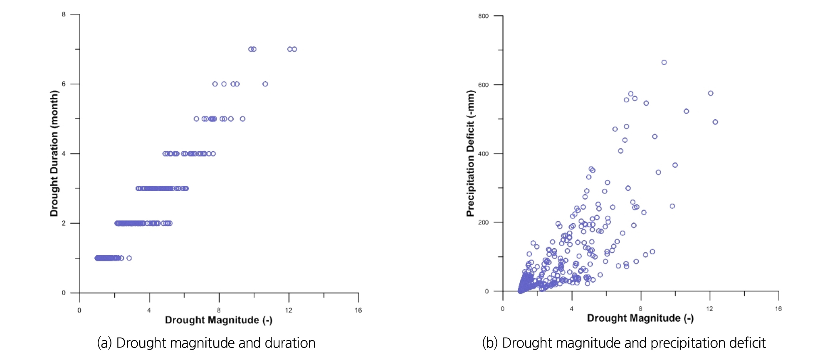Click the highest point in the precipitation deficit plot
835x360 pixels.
coord(664,62)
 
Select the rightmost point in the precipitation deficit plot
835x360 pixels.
coord(715,122)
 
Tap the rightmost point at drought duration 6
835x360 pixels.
coord(265,84)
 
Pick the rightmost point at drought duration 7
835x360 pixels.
coord(294,49)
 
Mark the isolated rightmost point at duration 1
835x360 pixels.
coord(129,258)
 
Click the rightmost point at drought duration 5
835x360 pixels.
coord(243,119)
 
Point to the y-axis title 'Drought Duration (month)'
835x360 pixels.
coord(54,153)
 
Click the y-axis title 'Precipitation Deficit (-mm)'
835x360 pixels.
coord(470,153)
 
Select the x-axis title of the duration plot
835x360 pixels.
coord(219,320)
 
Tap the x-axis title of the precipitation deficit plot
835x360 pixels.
coord(640,318)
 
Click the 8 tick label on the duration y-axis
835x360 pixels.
coord(64,15)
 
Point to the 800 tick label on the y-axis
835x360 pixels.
coord(484,16)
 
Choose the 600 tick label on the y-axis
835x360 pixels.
coord(484,85)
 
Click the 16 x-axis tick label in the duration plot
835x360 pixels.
coord(358,310)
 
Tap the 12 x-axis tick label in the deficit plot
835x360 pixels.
coord(709,308)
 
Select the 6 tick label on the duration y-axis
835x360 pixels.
coord(64,84)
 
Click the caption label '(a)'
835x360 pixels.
coord(105,343)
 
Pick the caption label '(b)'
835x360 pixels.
coord(490,343)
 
